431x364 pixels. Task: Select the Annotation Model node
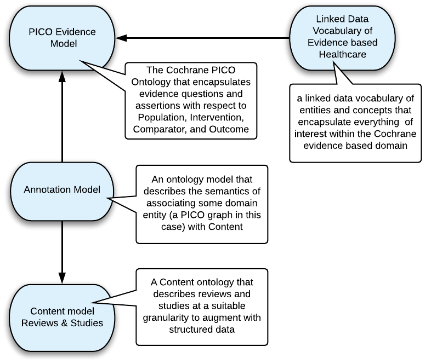[62, 190]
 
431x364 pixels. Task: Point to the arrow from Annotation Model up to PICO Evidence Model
[62, 115]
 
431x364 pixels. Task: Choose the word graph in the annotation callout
[217, 215]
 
